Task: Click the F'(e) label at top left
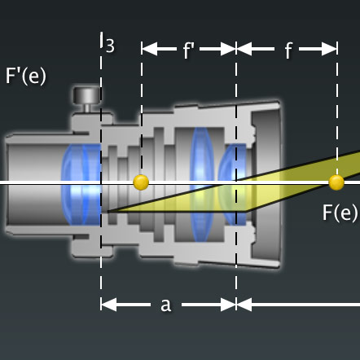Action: point(25,76)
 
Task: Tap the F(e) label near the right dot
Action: point(340,213)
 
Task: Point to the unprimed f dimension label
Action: point(288,50)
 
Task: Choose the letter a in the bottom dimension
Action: point(165,304)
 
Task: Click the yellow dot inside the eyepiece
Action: point(141,182)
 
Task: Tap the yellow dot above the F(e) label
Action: point(336,182)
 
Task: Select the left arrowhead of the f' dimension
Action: point(147,49)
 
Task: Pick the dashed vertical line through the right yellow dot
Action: point(336,114)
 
